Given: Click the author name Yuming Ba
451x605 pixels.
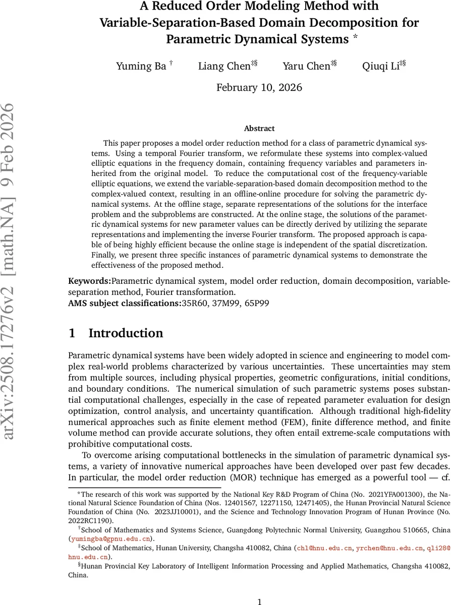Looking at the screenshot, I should pyautogui.click(x=141, y=66).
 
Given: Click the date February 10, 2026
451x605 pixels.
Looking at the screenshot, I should pyautogui.click(x=259, y=88).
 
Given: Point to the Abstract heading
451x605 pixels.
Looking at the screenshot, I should pyautogui.click(x=259, y=129).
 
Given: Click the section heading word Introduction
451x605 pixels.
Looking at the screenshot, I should pyautogui.click(x=126, y=333).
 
